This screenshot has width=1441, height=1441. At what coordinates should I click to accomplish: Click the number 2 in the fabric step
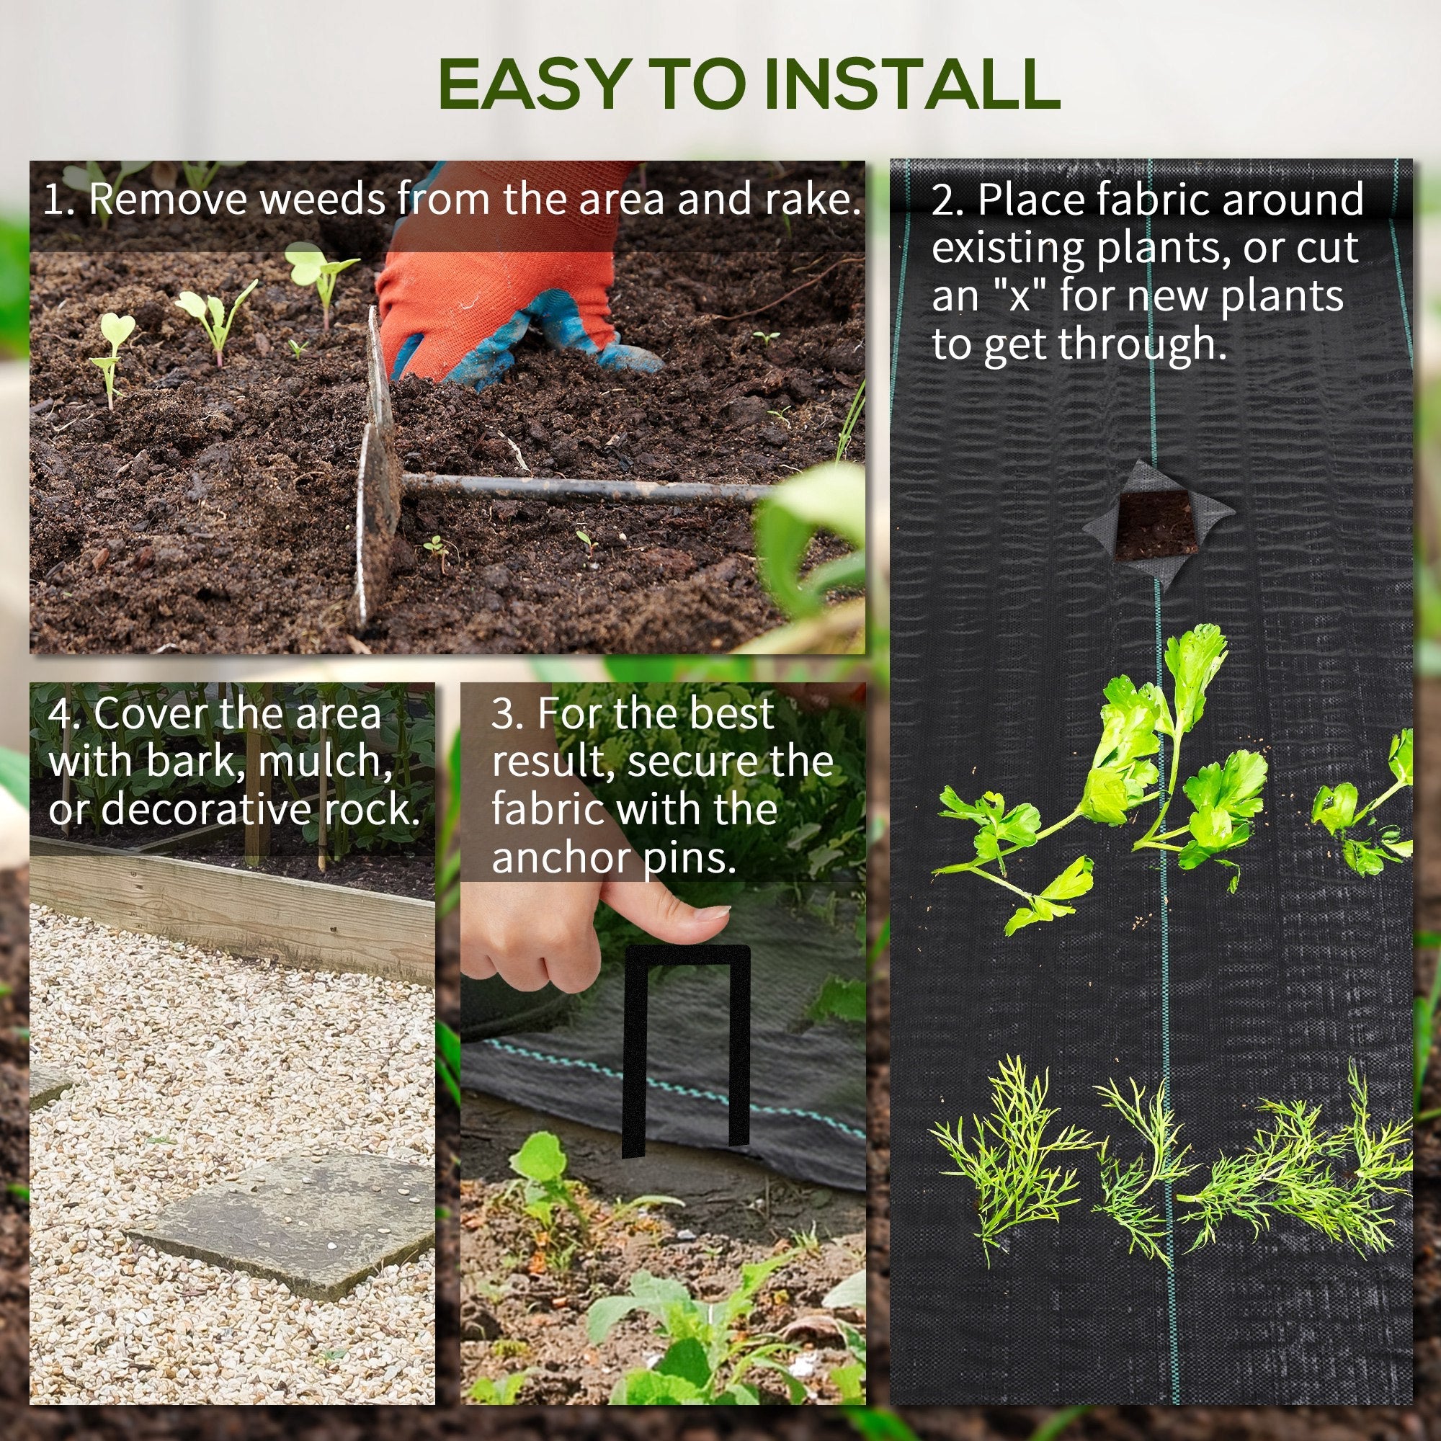945,200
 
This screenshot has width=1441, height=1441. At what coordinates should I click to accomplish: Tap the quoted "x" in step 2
1018,296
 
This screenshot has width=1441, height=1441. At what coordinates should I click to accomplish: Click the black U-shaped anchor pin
685,1044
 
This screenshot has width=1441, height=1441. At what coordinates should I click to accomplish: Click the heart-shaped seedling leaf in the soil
118,328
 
